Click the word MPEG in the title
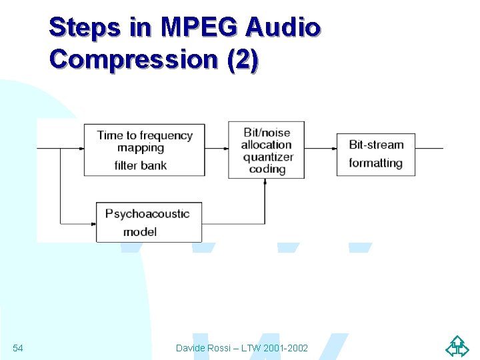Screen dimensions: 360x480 tap(199, 27)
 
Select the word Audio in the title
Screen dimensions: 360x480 tap(283, 27)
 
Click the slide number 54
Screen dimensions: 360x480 tap(18, 348)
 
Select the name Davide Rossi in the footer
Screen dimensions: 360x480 tap(204, 348)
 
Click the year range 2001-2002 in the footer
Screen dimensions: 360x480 tap(285, 348)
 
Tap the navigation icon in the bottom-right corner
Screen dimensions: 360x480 tap(457, 347)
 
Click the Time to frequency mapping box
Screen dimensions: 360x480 tap(144, 149)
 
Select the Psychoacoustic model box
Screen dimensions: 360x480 tap(149, 223)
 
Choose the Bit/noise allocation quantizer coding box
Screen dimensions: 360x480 tap(267, 150)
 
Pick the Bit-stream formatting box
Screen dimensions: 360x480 tap(375, 154)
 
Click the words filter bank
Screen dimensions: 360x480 tap(141, 165)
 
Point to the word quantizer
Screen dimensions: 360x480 tap(268, 157)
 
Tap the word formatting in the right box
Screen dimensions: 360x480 tap(375, 163)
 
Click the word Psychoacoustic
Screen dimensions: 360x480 tap(147, 214)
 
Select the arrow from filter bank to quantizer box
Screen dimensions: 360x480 tap(216, 149)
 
